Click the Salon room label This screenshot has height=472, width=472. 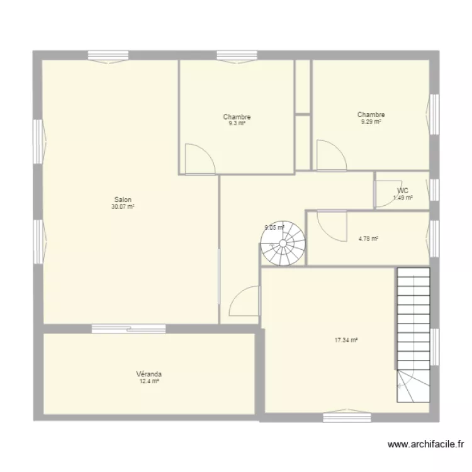[x=123, y=199]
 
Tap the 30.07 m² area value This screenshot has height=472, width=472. [x=123, y=207]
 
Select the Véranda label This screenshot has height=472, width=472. [x=149, y=374]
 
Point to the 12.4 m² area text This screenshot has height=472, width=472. [x=149, y=381]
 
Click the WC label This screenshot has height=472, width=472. [x=403, y=191]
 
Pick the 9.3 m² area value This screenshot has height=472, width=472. [x=237, y=123]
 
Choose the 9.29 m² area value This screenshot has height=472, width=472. [x=371, y=121]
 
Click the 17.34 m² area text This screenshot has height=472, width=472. [x=346, y=340]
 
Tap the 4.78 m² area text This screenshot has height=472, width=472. [x=368, y=239]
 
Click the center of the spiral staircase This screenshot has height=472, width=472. [x=283, y=243]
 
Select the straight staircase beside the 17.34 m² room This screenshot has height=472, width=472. [x=413, y=335]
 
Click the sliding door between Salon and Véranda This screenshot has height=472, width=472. [x=128, y=329]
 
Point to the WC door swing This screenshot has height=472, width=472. [x=388, y=194]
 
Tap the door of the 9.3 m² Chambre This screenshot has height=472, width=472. [x=200, y=159]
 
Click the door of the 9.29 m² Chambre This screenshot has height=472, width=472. [x=332, y=155]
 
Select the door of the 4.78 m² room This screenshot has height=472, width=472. [x=332, y=226]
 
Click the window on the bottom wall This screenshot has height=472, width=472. [x=347, y=417]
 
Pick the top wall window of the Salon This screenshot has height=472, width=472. [x=108, y=56]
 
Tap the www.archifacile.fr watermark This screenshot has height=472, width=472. [x=425, y=444]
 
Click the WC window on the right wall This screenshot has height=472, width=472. [x=434, y=189]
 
